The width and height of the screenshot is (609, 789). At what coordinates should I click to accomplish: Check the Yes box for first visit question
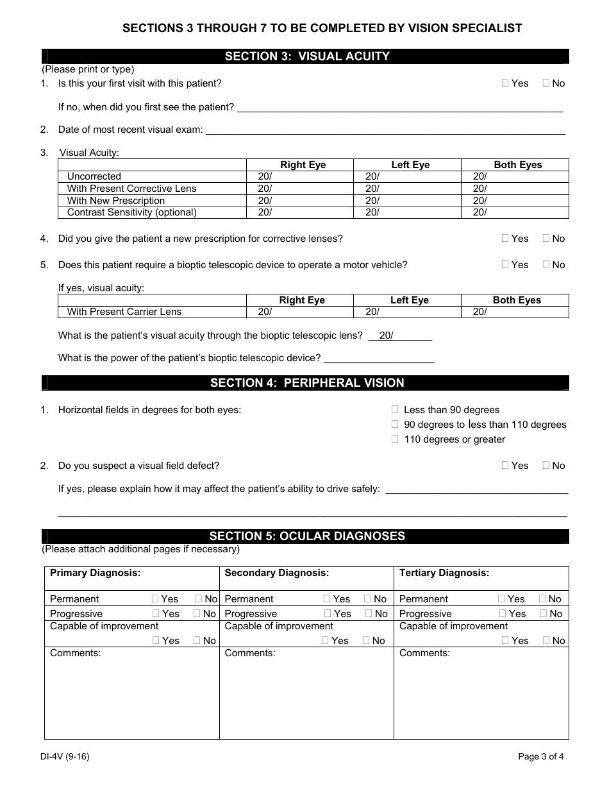(x=505, y=83)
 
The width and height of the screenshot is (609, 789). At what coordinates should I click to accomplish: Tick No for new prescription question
(x=546, y=238)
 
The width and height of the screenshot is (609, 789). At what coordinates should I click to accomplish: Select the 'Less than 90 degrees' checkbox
(x=395, y=409)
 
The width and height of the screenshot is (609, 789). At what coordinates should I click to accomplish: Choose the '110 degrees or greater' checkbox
(x=395, y=439)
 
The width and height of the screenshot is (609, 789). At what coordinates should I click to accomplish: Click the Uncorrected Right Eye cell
(x=300, y=176)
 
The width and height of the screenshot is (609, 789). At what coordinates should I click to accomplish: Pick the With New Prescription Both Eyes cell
(x=515, y=201)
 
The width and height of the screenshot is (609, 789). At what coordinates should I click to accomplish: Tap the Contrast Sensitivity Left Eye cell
(x=407, y=212)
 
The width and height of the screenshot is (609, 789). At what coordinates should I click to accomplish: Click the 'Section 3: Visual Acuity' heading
(x=307, y=56)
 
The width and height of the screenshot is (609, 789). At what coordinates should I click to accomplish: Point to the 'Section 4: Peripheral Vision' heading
(x=307, y=383)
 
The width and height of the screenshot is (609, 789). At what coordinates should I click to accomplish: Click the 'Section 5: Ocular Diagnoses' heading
(x=307, y=536)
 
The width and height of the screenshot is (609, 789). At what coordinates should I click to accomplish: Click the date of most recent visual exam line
(x=385, y=130)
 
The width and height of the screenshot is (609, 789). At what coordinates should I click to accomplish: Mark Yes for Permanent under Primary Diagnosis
(x=155, y=598)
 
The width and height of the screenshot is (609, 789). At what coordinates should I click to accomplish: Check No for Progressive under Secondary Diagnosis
(x=368, y=613)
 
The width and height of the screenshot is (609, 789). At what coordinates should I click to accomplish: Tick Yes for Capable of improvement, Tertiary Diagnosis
(x=505, y=640)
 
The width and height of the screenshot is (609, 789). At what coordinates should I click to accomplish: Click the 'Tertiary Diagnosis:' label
(x=444, y=573)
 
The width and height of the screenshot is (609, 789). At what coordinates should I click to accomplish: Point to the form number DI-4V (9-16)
(x=65, y=756)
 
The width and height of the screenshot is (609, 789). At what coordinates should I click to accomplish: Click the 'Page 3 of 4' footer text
(x=540, y=756)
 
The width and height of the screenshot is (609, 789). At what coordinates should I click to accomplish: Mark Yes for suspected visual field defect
(x=505, y=465)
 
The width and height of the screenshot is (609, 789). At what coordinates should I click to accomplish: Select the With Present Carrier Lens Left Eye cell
(x=407, y=312)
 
